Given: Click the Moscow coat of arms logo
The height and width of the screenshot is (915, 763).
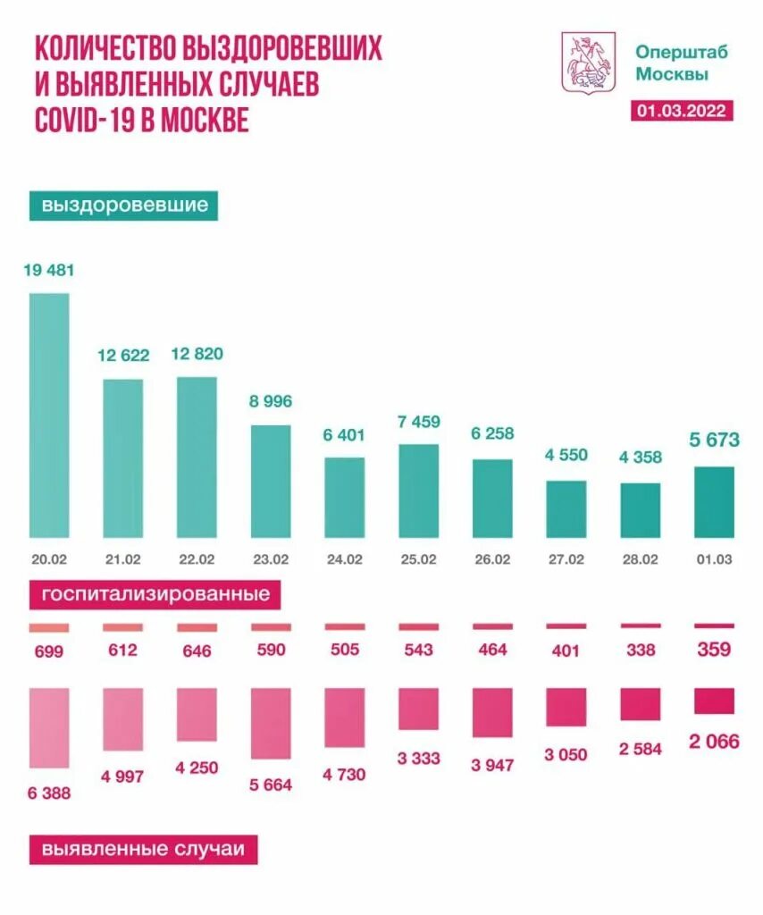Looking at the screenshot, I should pos(588,62).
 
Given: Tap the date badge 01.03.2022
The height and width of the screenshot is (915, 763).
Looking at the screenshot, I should pos(682,111).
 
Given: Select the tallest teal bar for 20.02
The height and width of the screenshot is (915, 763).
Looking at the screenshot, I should pos(49,416).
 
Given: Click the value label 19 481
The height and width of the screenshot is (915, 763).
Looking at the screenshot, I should pos(49,270).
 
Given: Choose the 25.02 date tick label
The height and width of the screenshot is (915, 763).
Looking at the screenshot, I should pos(418,559).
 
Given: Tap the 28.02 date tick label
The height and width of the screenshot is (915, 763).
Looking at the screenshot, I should pos(640,559).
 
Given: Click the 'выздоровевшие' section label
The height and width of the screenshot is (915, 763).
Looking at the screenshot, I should pos(124,206).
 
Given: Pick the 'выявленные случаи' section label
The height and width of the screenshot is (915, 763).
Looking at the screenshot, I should pos(143,849).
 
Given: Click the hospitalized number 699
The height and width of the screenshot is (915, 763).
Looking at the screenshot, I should pos(49,651).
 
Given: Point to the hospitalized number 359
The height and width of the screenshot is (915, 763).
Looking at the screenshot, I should pos(714,650).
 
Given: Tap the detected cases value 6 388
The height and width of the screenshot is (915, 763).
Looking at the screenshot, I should pos(49,793).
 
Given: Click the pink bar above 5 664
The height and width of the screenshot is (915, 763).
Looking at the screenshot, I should pos(271,723).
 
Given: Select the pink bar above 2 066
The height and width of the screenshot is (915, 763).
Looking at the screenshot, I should pos(714,701).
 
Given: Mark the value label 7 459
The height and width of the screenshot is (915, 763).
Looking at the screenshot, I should pos(418,422).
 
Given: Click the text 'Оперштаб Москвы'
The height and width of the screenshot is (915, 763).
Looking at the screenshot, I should pos(681,63).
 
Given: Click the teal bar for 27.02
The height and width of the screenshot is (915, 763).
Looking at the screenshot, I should pos(566,509).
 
